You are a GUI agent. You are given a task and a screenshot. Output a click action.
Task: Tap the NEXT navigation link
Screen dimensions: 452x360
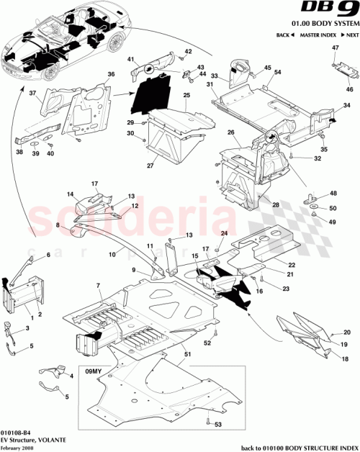click(x=351, y=35)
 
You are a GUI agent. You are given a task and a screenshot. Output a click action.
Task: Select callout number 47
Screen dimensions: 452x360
click(x=334, y=48)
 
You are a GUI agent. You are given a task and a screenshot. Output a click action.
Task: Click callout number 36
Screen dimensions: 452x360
click(x=111, y=74)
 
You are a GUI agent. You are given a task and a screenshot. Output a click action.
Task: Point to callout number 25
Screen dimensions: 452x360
click(x=186, y=95)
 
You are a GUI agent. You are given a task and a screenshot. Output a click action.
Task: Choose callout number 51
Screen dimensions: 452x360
click(x=187, y=353)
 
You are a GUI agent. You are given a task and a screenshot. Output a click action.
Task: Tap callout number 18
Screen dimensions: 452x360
click(x=344, y=358)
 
